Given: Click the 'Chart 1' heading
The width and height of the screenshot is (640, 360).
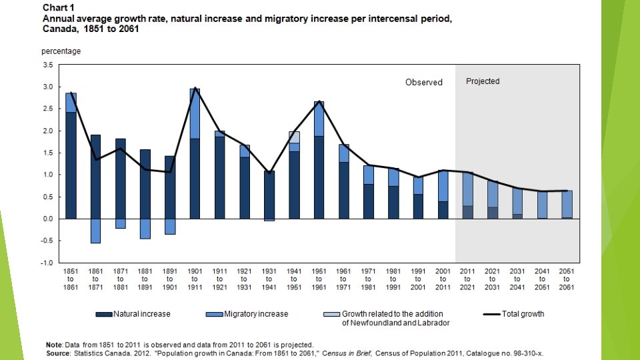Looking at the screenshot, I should [58, 7].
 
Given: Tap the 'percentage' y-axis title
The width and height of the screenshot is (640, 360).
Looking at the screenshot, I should [61, 51].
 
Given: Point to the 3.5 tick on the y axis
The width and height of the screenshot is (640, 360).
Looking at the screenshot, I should [47, 65].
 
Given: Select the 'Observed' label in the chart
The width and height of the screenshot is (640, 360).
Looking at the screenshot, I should [424, 83].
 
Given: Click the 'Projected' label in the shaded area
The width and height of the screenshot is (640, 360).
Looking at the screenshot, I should [483, 81].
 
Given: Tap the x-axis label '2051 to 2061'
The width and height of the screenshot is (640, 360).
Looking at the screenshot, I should [567, 279].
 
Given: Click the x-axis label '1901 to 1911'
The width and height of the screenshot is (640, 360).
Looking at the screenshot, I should [194, 279].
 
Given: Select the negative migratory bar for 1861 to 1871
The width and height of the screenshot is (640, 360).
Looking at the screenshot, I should [95, 231].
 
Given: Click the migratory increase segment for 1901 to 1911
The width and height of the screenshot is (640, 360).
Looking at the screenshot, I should [195, 113].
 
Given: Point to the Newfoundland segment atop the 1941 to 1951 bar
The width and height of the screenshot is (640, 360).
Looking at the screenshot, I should [294, 137].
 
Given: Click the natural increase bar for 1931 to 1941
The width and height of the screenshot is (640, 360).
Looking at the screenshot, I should [269, 195].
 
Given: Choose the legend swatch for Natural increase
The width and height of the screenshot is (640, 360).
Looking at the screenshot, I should [103, 314].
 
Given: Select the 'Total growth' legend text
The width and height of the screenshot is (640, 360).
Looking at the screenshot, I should [523, 314].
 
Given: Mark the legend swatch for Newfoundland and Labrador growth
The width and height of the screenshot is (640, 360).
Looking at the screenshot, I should [331, 314].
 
